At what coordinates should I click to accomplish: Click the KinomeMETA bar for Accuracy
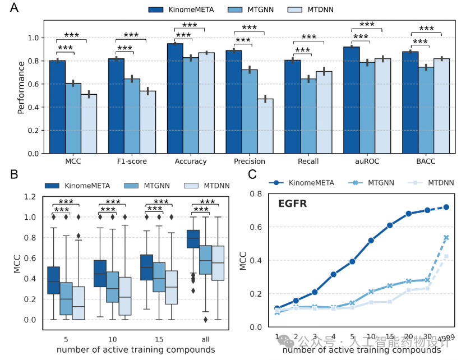coord(175,98)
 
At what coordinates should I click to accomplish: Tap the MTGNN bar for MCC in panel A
coord(73,118)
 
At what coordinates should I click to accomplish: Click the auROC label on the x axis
coord(367,161)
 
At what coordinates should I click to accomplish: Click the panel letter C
coord(253,174)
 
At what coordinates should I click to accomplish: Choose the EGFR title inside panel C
coord(293,204)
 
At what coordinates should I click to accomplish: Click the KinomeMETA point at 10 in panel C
coord(371,241)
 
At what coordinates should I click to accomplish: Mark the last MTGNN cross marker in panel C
coord(446,238)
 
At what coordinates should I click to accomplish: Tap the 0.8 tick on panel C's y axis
coord(256,194)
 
